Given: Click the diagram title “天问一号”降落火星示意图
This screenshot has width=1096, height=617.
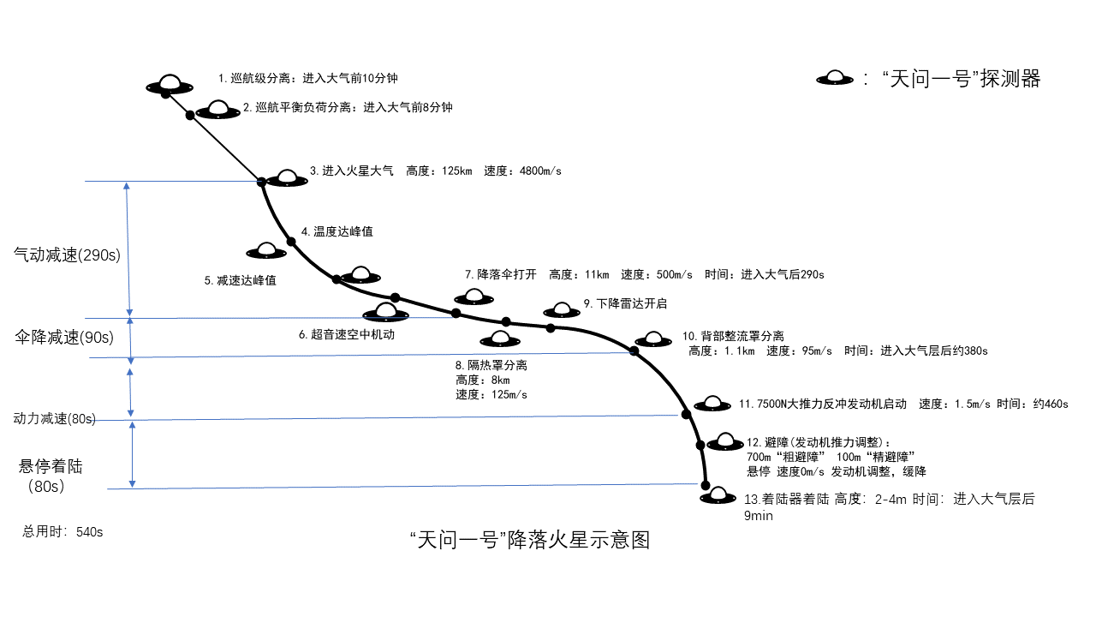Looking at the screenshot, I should coord(530,540).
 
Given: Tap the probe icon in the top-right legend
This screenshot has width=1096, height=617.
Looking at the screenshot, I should coord(836,78).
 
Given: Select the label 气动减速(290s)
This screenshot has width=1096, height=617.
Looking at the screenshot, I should coord(66,255).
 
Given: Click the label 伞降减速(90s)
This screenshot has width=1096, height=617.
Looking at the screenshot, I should coord(64,337).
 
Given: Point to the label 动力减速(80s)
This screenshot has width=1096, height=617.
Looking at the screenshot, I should coord(54,419).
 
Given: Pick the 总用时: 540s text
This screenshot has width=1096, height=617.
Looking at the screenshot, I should coord(63,531).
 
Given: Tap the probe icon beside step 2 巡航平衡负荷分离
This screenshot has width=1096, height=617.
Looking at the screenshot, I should coord(218,110).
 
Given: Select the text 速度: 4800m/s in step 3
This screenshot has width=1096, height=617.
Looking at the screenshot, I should coord(522,171).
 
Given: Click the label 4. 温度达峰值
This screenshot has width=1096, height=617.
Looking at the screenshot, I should coord(337,231).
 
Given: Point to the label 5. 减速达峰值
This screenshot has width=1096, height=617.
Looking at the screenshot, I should coord(240,280).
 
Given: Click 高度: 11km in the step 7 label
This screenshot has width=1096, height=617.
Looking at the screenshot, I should coord(579,274).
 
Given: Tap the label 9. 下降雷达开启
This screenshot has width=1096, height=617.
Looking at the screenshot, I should coord(625,303).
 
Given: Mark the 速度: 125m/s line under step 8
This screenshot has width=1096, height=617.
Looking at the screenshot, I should coord(491,395).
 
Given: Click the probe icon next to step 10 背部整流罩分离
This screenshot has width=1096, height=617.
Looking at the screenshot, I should coord(653,339).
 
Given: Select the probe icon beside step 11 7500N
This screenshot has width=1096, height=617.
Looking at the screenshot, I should coord(712,403).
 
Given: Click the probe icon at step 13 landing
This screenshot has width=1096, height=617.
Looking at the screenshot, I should coord(718,497).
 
